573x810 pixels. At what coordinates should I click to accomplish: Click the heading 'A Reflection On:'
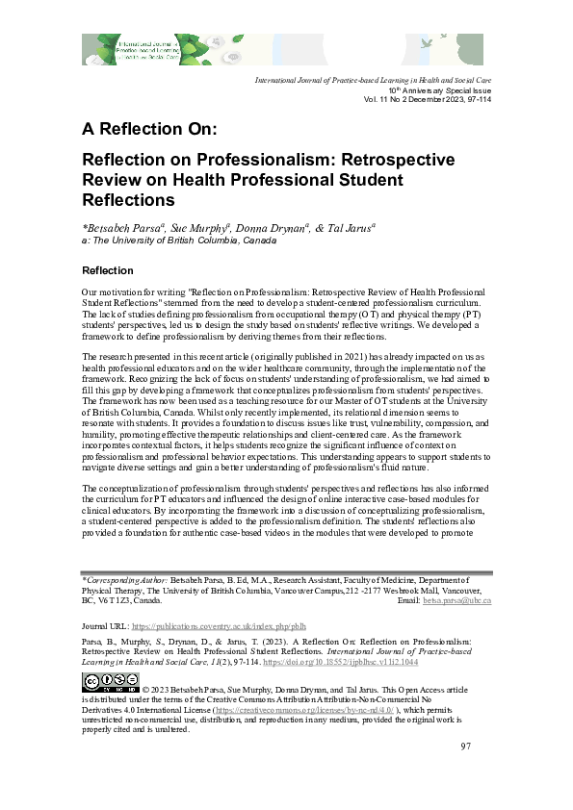tap(150, 129)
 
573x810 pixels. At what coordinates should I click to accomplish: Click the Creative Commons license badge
tap(111, 681)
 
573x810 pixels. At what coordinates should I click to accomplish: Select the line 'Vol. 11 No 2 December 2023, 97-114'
tap(428, 100)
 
